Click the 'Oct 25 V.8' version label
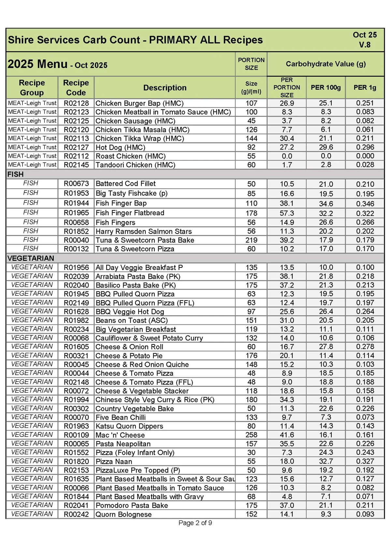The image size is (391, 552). [364, 40]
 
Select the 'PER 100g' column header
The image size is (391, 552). [326, 88]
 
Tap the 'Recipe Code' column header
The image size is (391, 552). [76, 88]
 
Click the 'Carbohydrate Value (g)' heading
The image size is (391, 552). [326, 64]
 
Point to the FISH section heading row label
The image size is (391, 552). [15, 174]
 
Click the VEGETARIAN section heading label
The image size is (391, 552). [31, 258]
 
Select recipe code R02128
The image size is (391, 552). [76, 103]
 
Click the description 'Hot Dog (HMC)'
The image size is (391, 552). [120, 147]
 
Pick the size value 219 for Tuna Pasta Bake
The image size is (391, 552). [251, 240]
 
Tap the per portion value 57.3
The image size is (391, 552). [287, 213]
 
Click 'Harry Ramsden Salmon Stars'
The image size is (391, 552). [143, 232]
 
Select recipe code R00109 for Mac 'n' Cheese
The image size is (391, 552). [76, 435]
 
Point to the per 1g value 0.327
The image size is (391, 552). [365, 461]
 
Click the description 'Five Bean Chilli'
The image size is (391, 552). [121, 417]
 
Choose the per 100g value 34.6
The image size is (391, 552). [326, 204]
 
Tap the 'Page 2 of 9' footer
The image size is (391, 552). [195, 523]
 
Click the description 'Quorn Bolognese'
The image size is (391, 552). [123, 514]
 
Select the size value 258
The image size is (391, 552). [251, 435]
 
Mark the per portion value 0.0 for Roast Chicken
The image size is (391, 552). [287, 156]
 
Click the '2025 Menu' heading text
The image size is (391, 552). [37, 64]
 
